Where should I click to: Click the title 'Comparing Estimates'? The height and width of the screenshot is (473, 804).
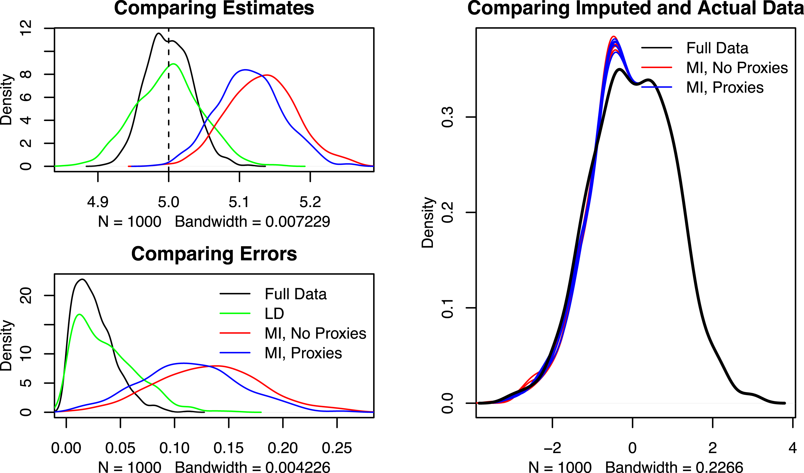(x=214, y=8)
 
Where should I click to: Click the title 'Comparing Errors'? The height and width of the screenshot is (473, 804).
(x=214, y=254)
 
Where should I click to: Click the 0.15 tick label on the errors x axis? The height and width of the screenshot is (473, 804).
(x=228, y=448)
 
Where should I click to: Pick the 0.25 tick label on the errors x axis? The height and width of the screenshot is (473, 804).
(x=337, y=448)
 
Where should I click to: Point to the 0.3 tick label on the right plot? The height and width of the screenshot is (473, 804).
(x=447, y=117)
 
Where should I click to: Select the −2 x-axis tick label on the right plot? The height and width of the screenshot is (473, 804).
(x=552, y=448)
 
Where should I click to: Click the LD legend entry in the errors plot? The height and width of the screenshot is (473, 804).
(x=274, y=314)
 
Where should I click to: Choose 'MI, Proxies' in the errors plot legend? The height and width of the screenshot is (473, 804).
(x=303, y=353)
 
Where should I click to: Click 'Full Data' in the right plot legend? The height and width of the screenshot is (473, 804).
(x=717, y=48)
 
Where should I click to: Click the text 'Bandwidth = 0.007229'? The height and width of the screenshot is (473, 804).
(x=252, y=222)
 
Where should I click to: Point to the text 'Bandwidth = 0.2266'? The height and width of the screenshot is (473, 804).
(x=674, y=467)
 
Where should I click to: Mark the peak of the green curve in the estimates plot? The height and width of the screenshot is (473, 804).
(x=173, y=64)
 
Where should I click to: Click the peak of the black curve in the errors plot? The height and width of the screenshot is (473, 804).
(x=82, y=279)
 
